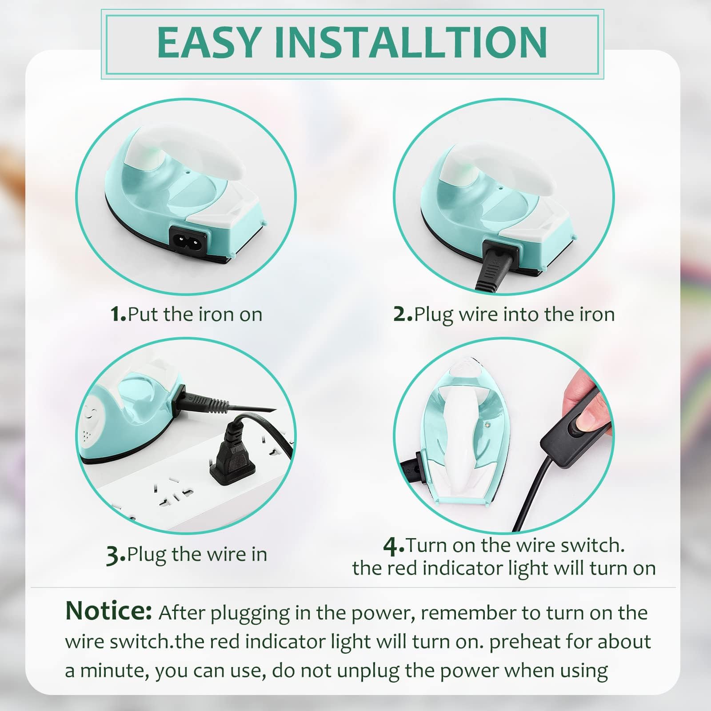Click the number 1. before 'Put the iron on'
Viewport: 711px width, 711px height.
(x=118, y=314)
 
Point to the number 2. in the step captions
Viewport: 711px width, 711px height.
(x=403, y=314)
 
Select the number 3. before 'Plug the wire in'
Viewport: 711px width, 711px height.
(x=116, y=555)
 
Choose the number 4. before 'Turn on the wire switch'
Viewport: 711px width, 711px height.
(x=394, y=546)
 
